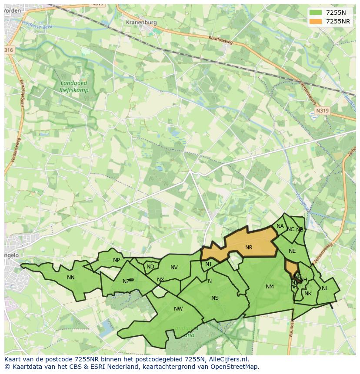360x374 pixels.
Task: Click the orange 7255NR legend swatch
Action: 317,22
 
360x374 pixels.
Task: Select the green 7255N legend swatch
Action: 317,13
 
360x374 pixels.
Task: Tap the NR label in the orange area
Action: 249,248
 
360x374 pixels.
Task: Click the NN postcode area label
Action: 71,277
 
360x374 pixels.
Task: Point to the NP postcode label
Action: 117,260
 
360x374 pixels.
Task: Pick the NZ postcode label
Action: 126,281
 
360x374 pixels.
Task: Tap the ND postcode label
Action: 150,267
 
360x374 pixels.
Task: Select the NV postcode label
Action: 174,267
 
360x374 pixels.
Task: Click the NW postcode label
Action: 178,309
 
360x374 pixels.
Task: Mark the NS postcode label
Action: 215,298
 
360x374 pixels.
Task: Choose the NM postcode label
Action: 270,286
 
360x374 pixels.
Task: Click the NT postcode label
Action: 209,264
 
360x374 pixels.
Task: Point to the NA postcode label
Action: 280,226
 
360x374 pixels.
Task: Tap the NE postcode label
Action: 292,251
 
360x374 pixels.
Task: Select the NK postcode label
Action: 308,294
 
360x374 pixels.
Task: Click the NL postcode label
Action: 325,288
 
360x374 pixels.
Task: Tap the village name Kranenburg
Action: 140,22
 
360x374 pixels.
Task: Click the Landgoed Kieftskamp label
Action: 73,87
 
